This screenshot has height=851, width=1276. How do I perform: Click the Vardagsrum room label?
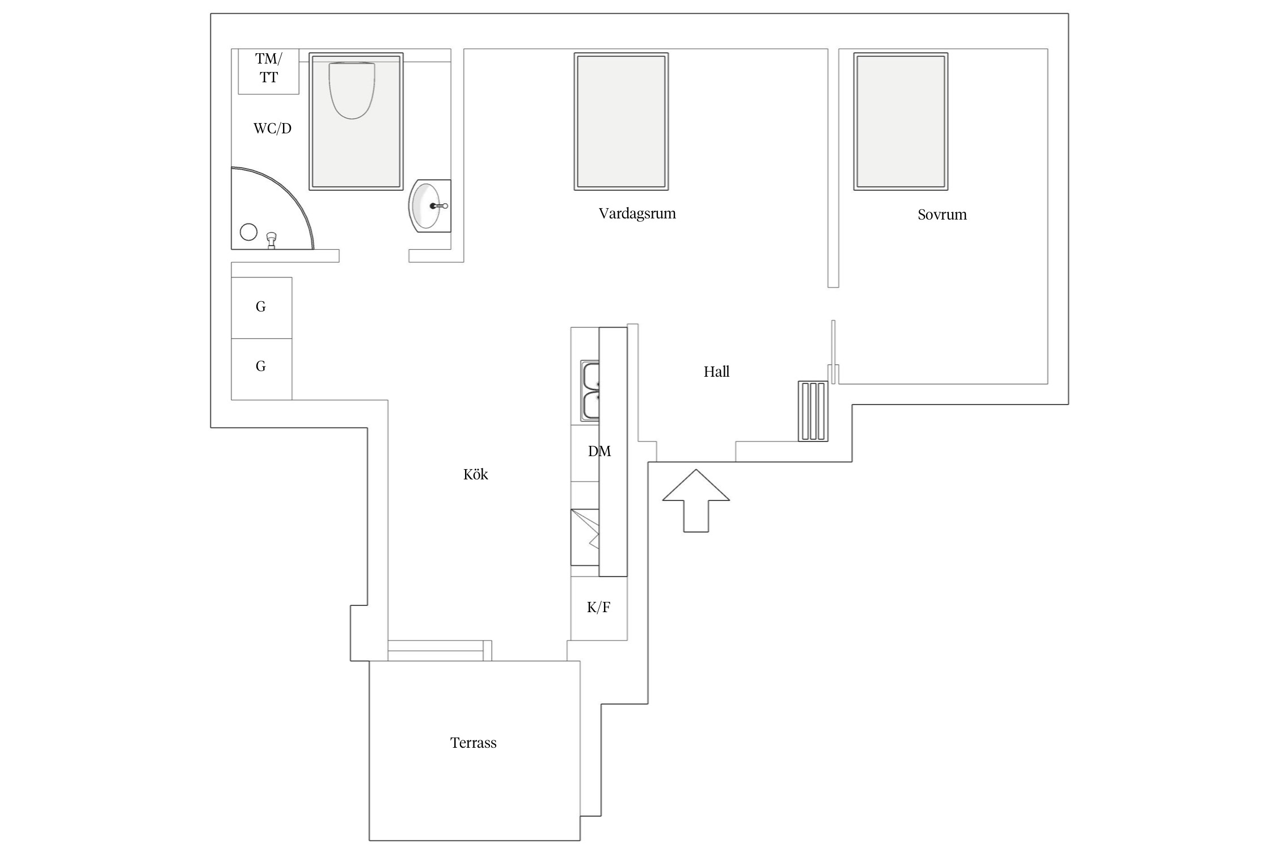point(637,214)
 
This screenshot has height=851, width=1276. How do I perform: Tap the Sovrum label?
point(942,214)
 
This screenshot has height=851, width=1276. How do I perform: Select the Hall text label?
point(716,372)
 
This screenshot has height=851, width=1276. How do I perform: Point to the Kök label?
point(475,474)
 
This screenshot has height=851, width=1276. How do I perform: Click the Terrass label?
point(473,743)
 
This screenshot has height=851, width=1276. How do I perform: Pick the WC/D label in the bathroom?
point(272,128)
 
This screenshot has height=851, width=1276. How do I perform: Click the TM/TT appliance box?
point(268,71)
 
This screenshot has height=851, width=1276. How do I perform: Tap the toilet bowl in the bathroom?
point(352,90)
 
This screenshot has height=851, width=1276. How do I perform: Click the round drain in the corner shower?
point(248,232)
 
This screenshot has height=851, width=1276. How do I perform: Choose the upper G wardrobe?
point(261,308)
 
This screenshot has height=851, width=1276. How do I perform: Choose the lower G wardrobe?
point(261,369)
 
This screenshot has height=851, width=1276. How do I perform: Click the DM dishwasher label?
point(599,451)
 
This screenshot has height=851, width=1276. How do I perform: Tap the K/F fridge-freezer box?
point(599,608)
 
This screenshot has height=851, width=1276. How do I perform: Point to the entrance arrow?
point(696,500)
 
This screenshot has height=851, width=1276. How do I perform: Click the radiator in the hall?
point(813,411)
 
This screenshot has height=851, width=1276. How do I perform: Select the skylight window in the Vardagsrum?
point(621,121)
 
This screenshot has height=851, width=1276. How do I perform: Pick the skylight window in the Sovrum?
point(901,121)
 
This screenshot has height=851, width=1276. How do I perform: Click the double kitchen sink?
point(590,391)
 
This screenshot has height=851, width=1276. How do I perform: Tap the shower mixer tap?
point(272,240)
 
